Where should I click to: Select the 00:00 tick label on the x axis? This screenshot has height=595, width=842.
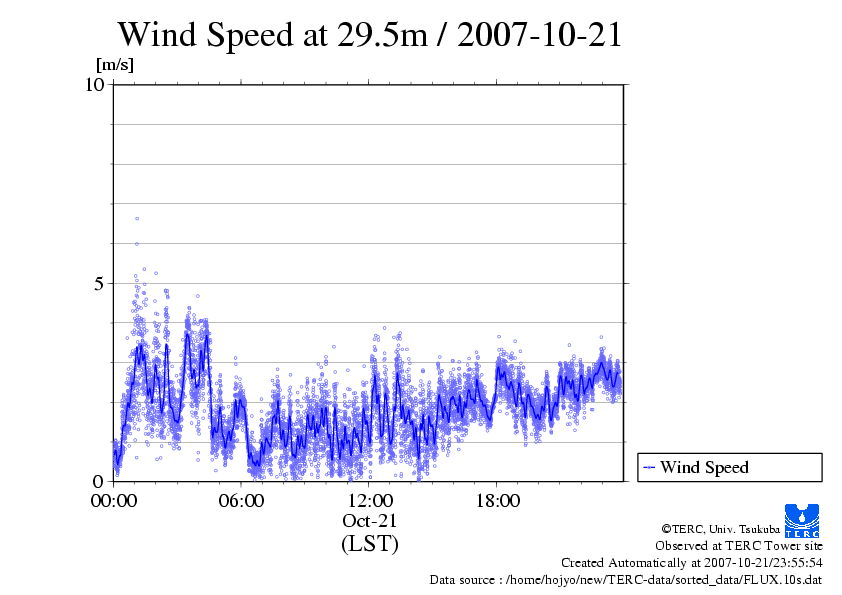114,500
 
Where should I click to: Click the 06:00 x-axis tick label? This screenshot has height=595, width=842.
242,500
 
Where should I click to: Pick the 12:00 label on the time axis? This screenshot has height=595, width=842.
370,500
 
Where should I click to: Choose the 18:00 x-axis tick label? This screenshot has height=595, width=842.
498,500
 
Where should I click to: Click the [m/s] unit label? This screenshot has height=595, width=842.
114,65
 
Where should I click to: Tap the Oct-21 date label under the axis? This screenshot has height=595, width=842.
370,521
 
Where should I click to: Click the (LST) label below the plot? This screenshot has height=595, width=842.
370,544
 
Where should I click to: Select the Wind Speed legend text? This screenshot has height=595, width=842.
704,467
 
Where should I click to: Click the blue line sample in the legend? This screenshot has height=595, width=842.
649,467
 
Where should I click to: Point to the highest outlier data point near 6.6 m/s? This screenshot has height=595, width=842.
137,218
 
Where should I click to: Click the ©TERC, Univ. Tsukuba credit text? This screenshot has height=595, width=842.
720,528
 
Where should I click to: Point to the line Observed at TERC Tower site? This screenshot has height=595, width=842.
739,546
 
